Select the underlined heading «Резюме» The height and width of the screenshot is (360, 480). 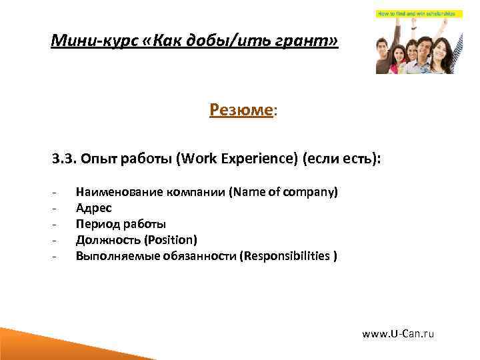point(241,109)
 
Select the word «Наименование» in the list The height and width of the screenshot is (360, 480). point(116,193)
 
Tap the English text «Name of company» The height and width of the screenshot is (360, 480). point(283,193)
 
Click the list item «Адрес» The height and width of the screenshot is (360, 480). point(93,208)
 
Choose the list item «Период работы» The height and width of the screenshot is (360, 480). point(121,224)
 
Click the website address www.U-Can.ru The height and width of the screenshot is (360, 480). point(398,333)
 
